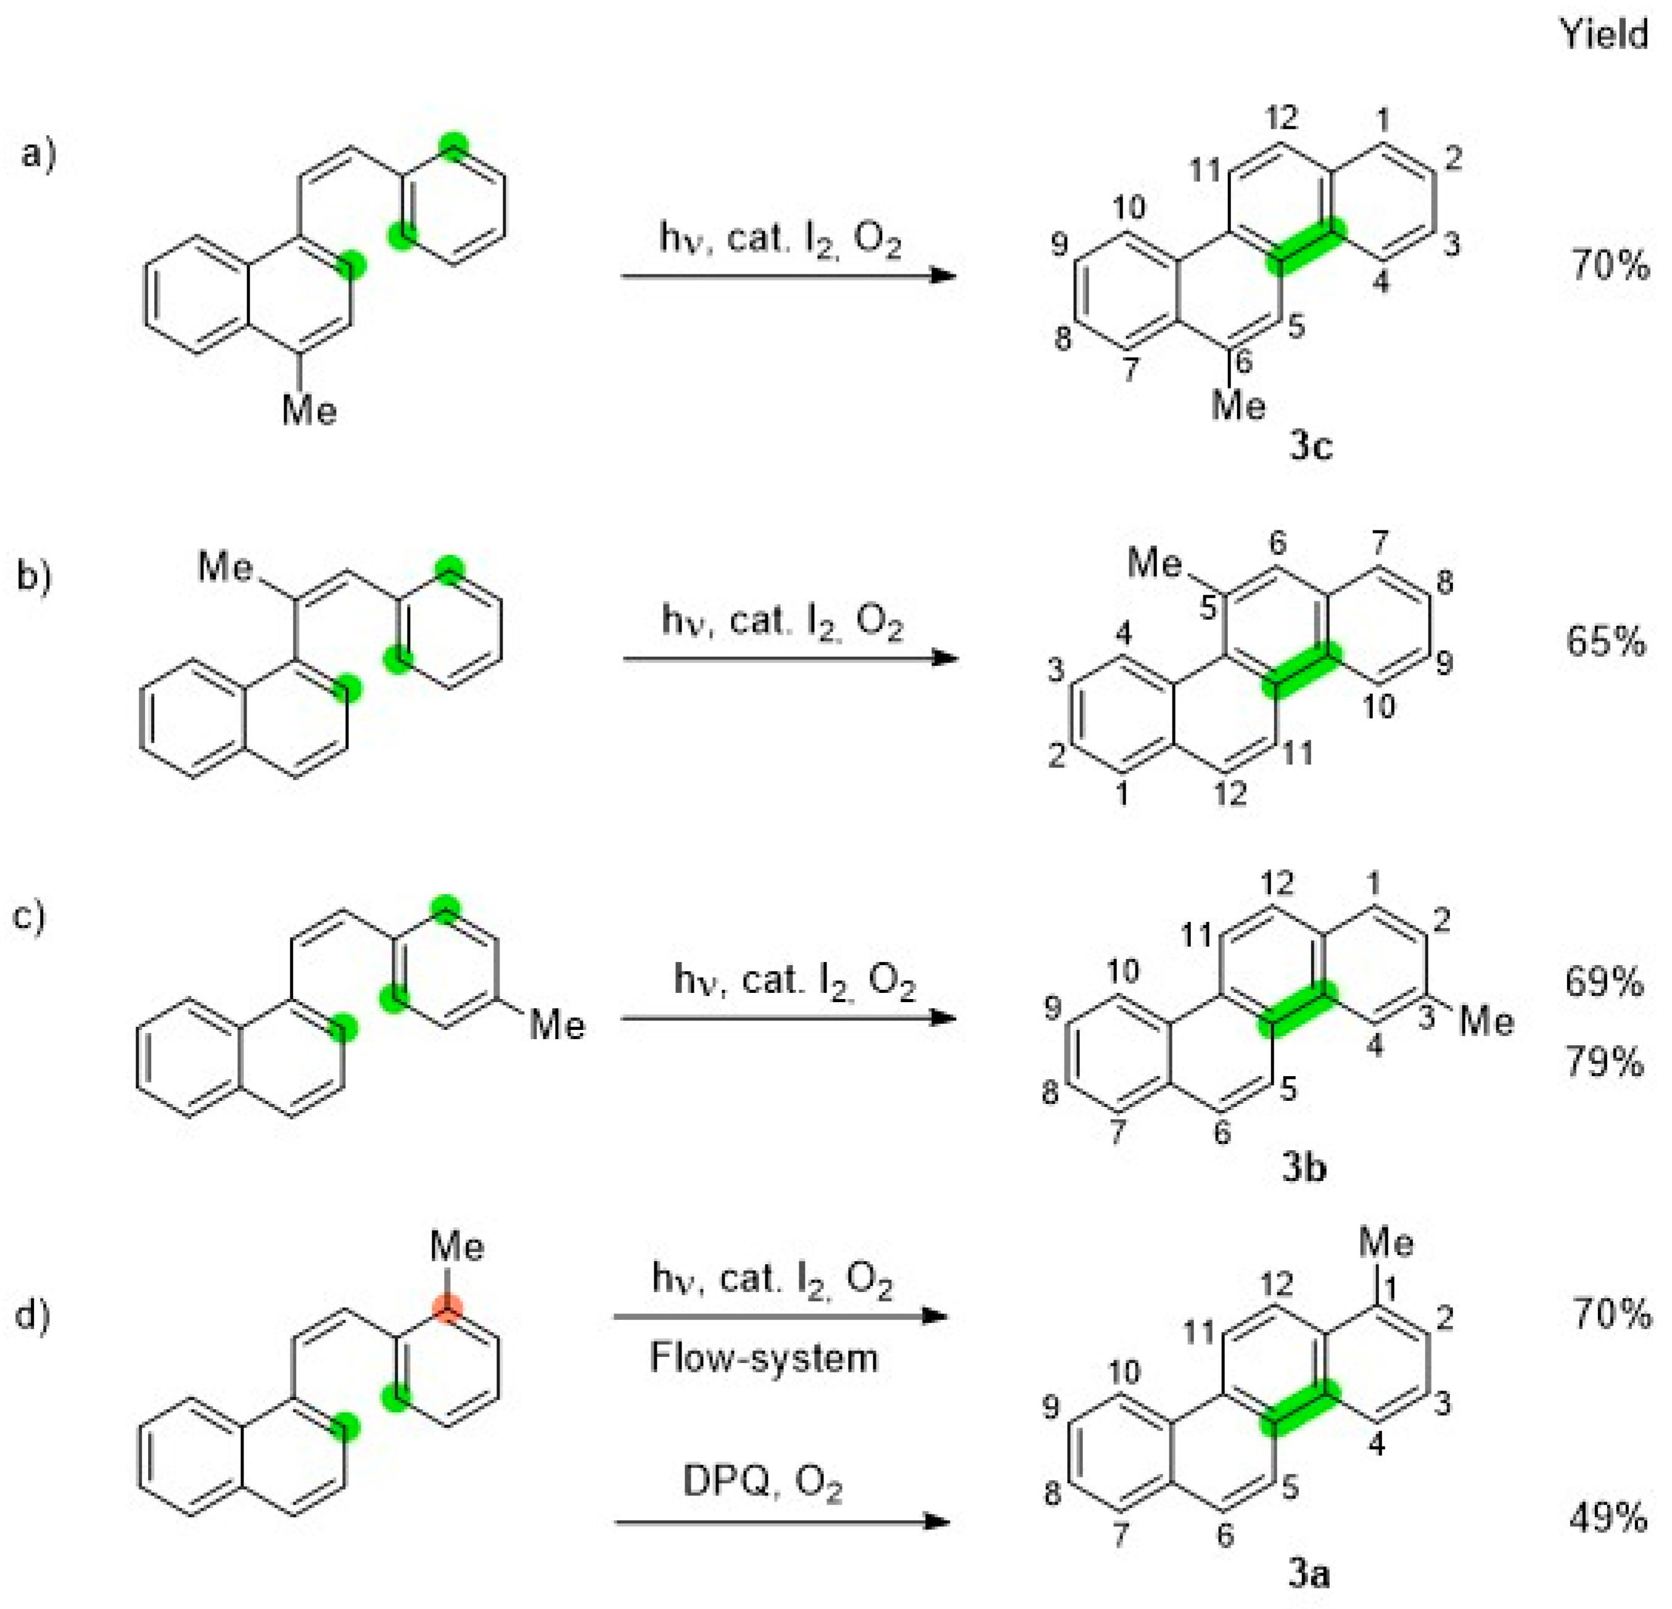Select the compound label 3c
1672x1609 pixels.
[x=1309, y=445]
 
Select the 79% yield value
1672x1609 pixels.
[x=1604, y=1062]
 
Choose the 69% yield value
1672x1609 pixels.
[x=1604, y=982]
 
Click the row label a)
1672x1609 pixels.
[x=38, y=155]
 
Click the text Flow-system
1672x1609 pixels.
[x=764, y=1357]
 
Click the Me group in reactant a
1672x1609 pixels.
[x=310, y=411]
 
